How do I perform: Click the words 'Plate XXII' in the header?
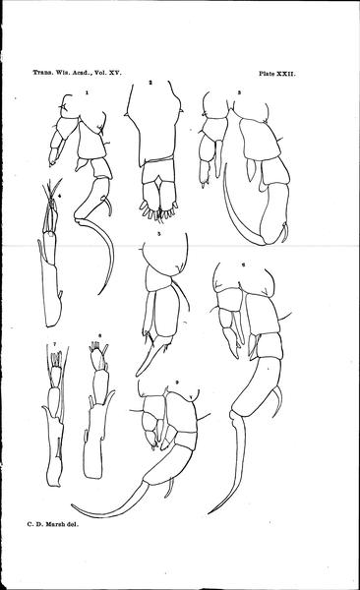(277, 74)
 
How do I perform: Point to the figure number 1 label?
(87, 91)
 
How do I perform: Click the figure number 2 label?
(150, 83)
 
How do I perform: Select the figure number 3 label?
(239, 92)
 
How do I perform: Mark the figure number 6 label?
(244, 265)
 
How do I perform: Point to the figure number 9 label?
(177, 383)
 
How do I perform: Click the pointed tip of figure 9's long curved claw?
(72, 505)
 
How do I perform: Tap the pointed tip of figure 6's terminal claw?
(208, 513)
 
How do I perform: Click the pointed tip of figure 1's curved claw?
(98, 294)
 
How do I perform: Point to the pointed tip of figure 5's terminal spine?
(137, 375)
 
